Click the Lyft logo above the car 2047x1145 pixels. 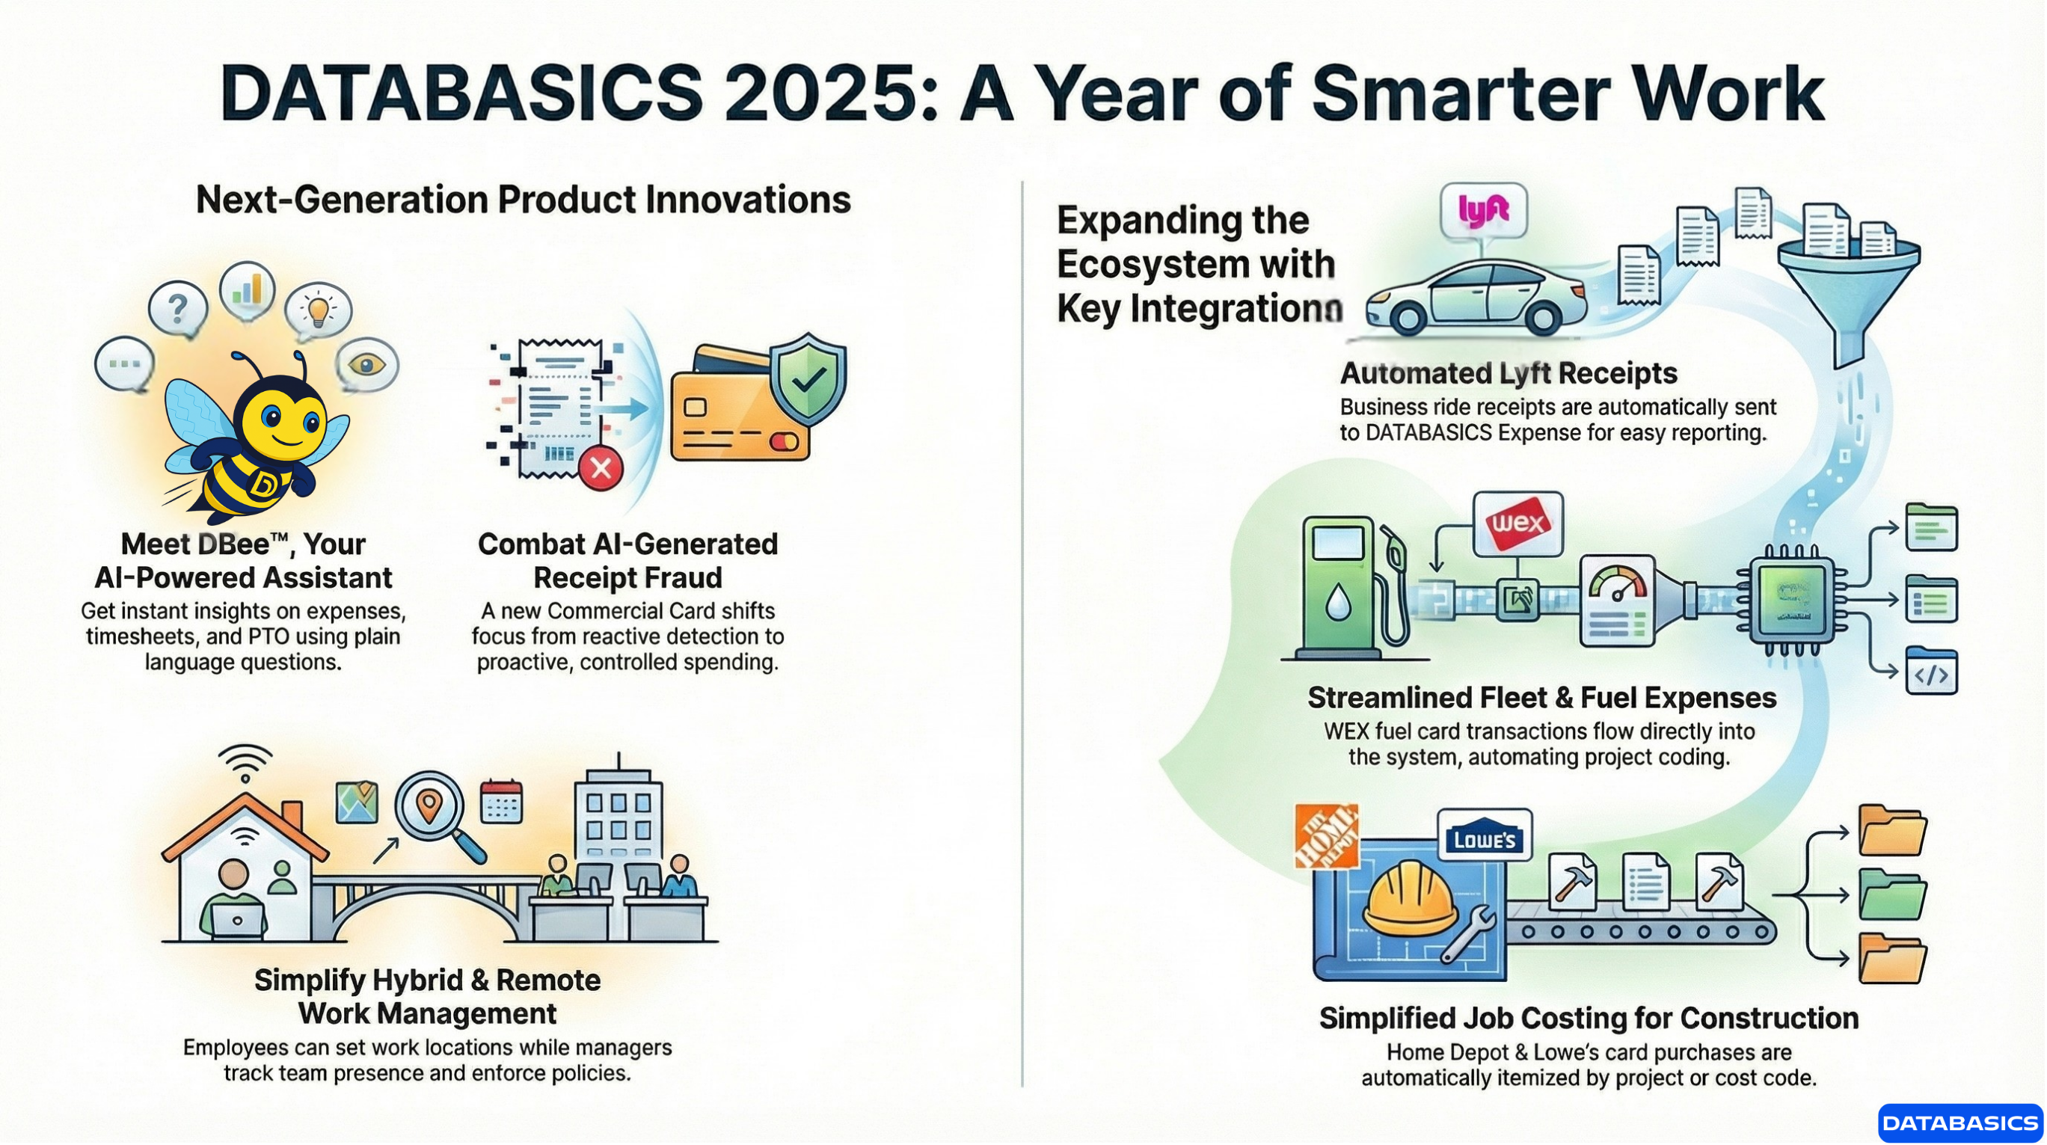(x=1483, y=209)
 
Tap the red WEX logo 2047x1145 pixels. (x=1517, y=523)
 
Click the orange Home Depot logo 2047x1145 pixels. (x=1326, y=836)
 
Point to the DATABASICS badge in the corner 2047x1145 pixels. (x=1959, y=1122)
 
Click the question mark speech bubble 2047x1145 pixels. (x=178, y=308)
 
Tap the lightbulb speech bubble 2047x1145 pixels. (x=319, y=309)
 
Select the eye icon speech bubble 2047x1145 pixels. (x=366, y=364)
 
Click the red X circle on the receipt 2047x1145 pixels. (x=601, y=468)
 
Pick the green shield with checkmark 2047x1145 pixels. (x=808, y=379)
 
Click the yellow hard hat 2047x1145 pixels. (x=1411, y=900)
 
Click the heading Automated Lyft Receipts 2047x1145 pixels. (x=1508, y=373)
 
